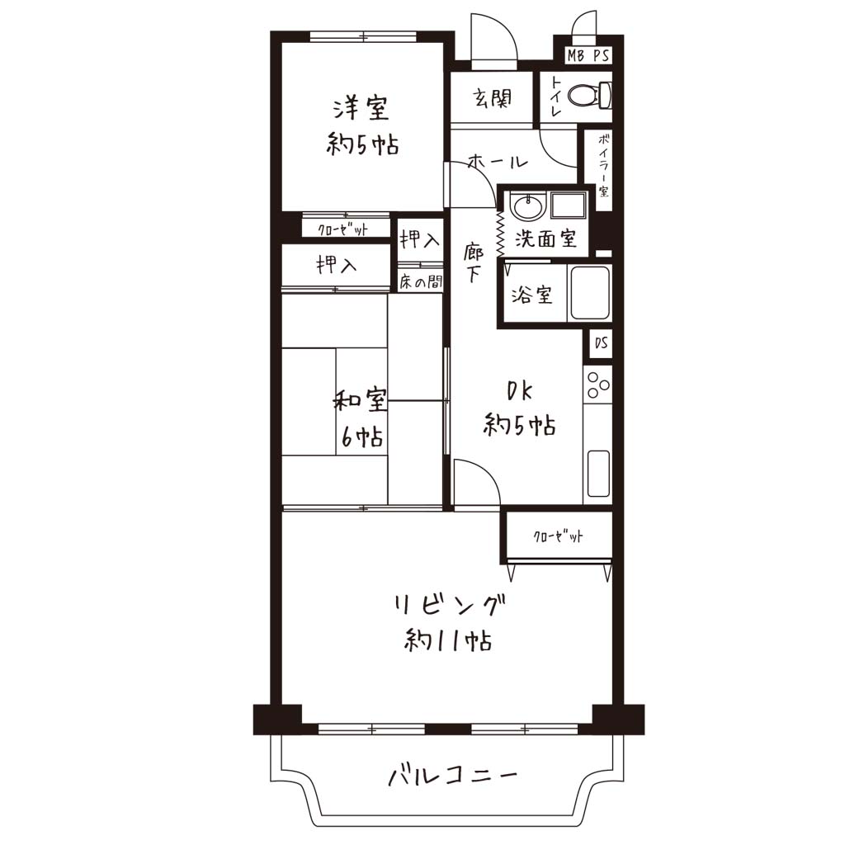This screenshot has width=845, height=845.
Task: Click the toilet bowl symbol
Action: pos(590,96)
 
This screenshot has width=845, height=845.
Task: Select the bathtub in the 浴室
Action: pos(590,293)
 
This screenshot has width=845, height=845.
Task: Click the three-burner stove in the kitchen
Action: pos(597,385)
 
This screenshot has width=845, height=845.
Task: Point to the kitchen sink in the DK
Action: pos(598,473)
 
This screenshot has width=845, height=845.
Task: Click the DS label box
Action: pos(601,342)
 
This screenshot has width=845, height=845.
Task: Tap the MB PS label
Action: pos(588,55)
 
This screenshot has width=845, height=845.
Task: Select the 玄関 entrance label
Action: pos(492,99)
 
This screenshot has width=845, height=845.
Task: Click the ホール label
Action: pos(497,161)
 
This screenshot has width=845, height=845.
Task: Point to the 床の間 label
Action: pos(421,281)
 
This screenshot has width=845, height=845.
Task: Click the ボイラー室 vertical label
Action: pos(603,164)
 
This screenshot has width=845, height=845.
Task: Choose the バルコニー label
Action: pos(453,776)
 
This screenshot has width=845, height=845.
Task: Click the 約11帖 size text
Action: pos(447,640)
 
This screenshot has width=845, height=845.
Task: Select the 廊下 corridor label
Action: pos(473,262)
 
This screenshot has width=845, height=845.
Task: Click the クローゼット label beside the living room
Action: pos(558,536)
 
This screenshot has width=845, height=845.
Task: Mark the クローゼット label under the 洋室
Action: pos(342,230)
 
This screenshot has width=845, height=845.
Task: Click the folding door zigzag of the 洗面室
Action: pos(499,233)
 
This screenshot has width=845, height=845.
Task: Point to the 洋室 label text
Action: pos(361,108)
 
